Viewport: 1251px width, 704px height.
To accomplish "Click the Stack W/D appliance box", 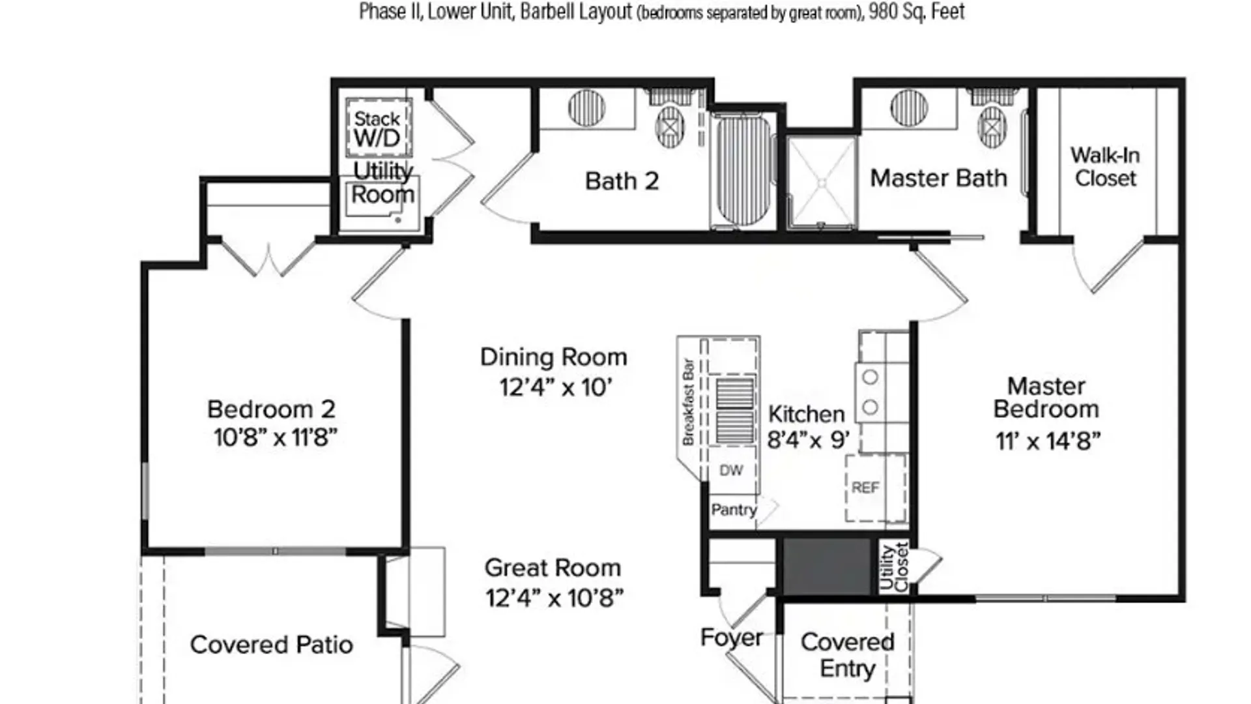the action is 379,128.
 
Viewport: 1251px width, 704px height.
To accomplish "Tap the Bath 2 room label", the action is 622,181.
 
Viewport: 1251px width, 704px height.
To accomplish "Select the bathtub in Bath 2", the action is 743,171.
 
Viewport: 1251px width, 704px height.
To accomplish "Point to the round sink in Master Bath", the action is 909,108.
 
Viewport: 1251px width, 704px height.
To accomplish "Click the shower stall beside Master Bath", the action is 822,183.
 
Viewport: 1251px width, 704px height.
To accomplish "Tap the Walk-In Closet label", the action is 1105,167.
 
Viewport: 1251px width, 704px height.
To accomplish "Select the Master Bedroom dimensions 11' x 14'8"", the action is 1048,441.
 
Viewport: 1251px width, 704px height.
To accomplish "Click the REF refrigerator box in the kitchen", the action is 875,488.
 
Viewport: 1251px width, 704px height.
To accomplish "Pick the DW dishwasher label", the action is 731,471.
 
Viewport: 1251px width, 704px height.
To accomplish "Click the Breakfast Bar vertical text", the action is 687,402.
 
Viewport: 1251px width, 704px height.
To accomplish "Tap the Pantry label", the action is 734,510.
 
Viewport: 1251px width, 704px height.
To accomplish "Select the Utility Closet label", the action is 893,567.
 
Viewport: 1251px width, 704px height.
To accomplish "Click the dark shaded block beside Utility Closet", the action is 827,566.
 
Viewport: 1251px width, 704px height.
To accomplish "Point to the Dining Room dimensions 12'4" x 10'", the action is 555,388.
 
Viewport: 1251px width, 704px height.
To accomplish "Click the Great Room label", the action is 553,568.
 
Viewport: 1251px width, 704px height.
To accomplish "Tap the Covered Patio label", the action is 272,645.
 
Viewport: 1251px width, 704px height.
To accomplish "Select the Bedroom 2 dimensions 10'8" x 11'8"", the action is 275,437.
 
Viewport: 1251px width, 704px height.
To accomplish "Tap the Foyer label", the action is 731,638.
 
